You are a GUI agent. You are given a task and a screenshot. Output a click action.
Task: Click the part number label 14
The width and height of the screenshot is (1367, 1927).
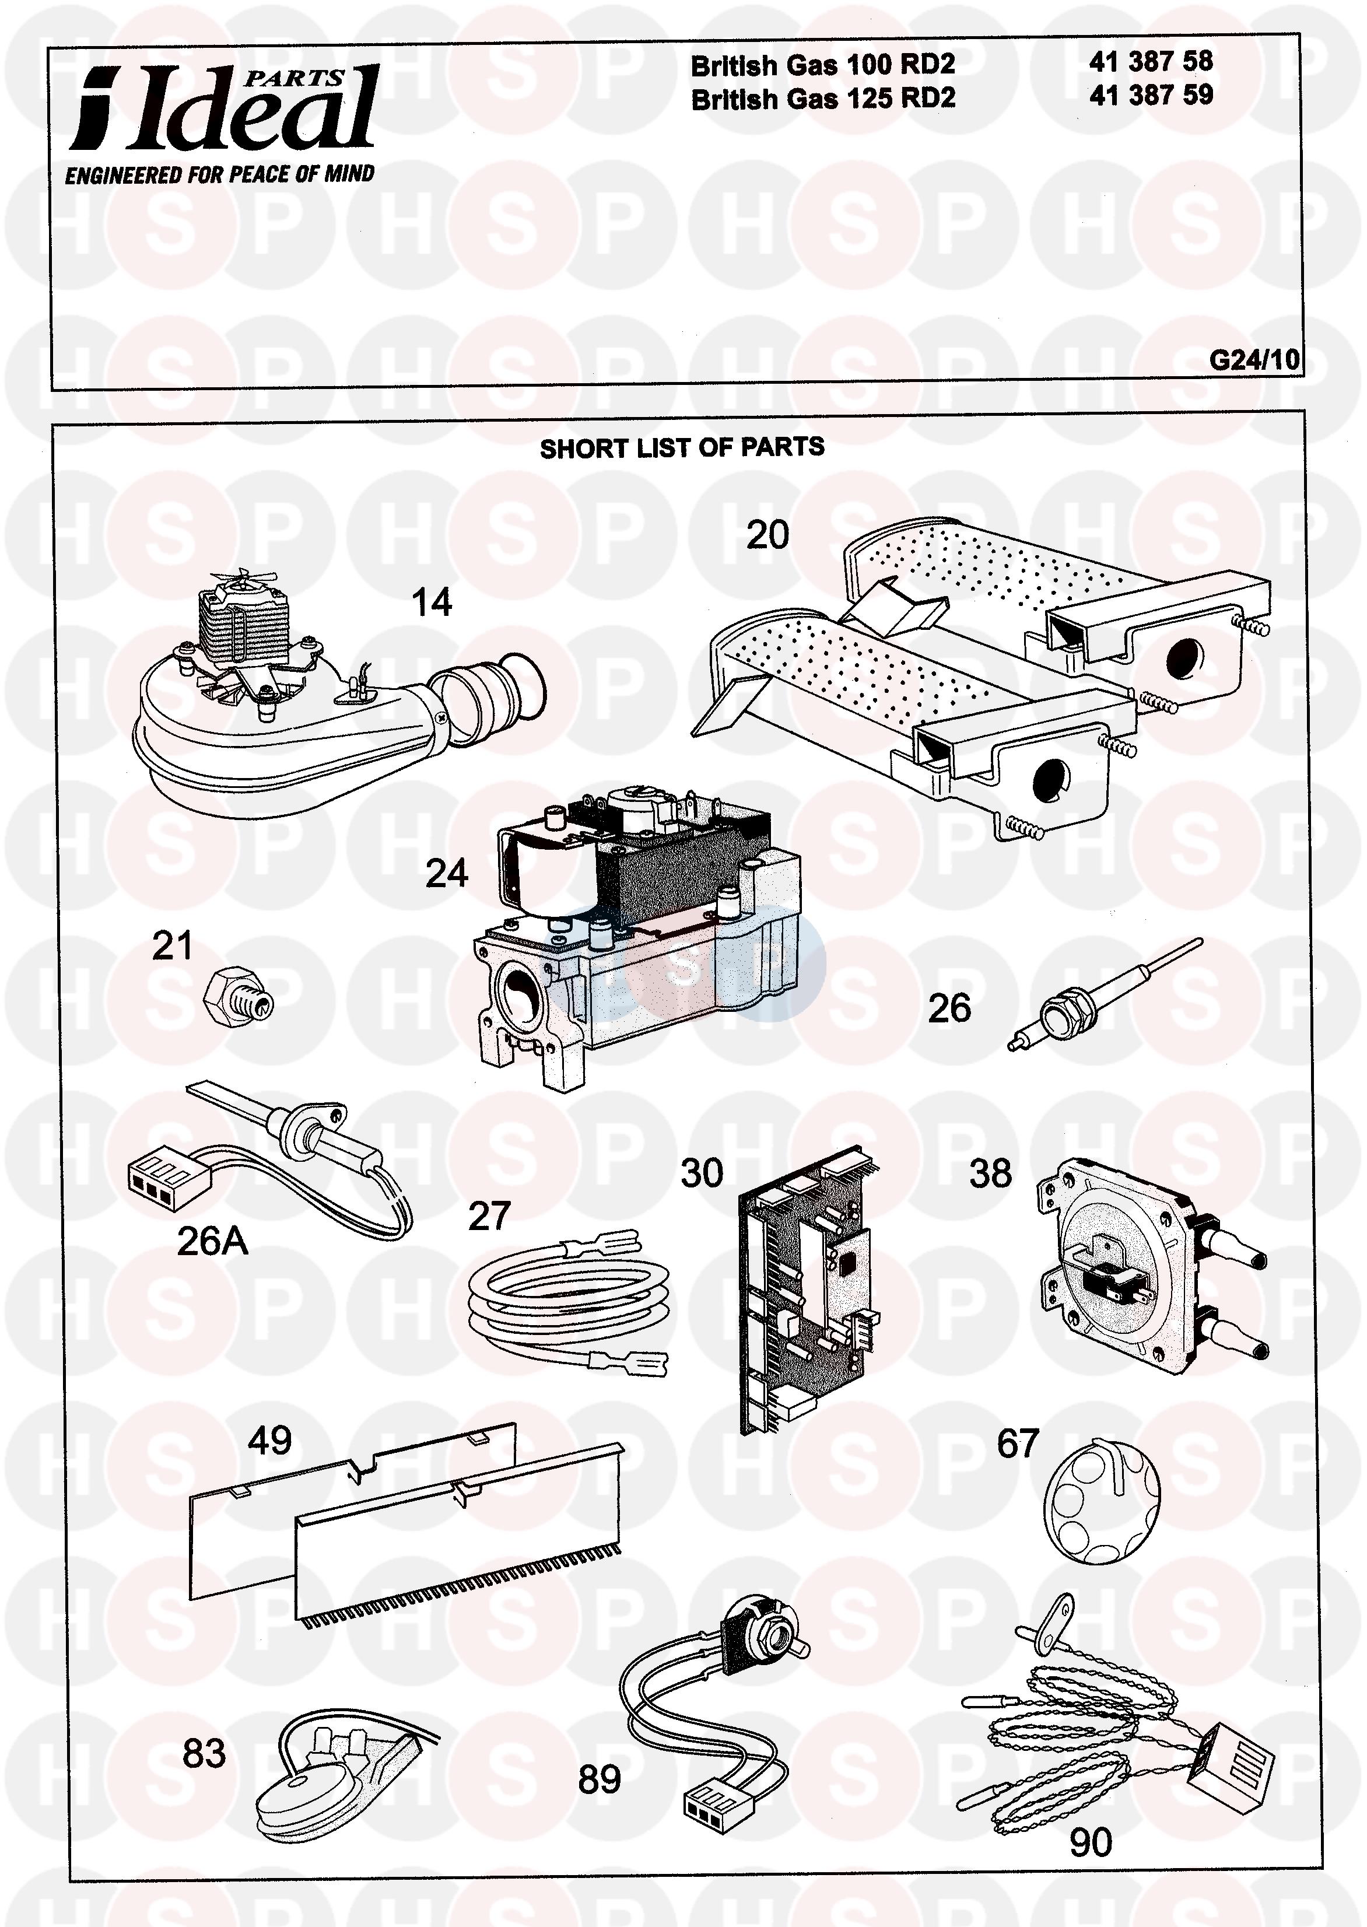point(431,602)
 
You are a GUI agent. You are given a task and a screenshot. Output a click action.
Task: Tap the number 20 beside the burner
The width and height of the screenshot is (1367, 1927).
point(767,535)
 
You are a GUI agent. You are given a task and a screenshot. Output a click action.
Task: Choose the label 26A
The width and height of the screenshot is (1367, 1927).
point(212,1241)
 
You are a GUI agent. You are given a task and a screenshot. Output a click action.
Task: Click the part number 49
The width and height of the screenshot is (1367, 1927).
point(269,1441)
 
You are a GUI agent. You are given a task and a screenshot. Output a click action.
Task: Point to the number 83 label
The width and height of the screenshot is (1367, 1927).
point(204,1754)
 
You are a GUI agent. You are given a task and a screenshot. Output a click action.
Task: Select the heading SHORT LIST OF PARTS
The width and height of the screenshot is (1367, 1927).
point(682,448)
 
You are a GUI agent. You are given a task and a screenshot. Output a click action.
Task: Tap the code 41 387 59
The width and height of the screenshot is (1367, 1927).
point(1151,95)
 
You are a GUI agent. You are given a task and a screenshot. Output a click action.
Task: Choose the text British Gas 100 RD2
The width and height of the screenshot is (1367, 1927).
point(822,65)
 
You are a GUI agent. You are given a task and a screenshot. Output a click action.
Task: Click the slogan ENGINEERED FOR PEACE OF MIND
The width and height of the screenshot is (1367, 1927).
point(220,174)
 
